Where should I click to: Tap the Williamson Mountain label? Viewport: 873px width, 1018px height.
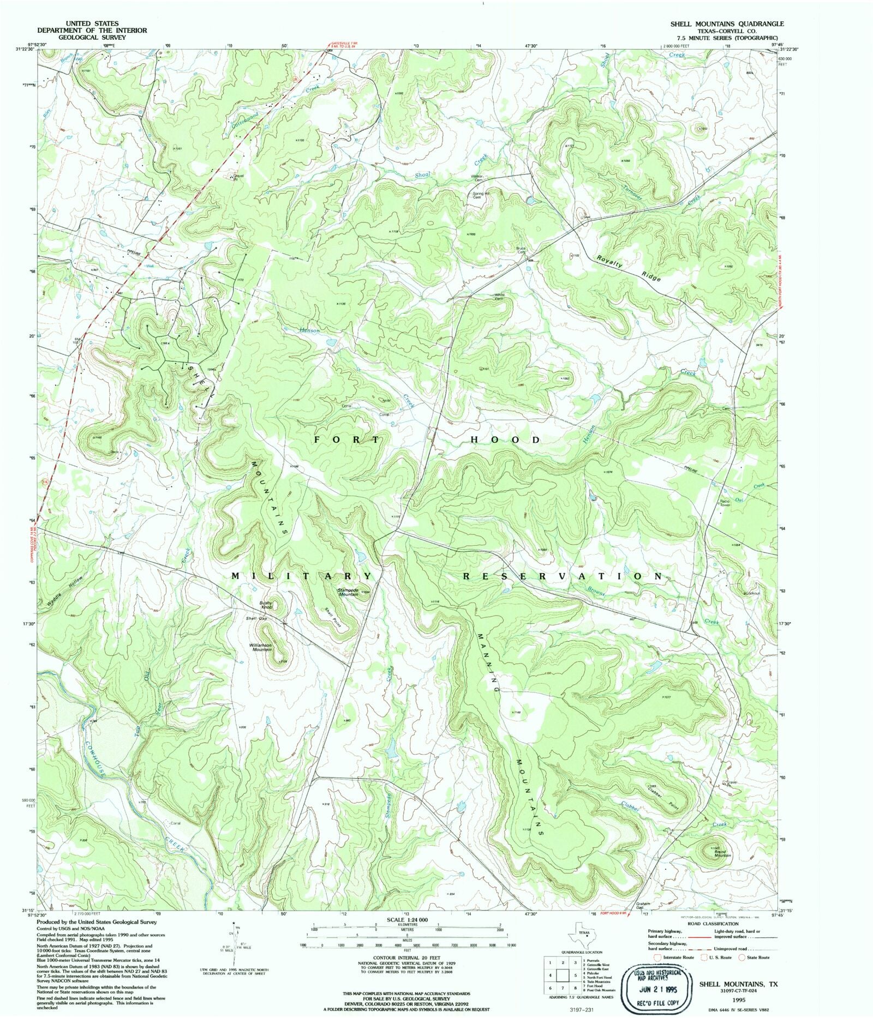click(261, 647)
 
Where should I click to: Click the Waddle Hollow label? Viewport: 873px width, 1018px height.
click(64, 590)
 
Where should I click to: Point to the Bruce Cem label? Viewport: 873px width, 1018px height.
click(521, 250)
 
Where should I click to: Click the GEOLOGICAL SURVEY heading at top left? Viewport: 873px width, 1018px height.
click(92, 38)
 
